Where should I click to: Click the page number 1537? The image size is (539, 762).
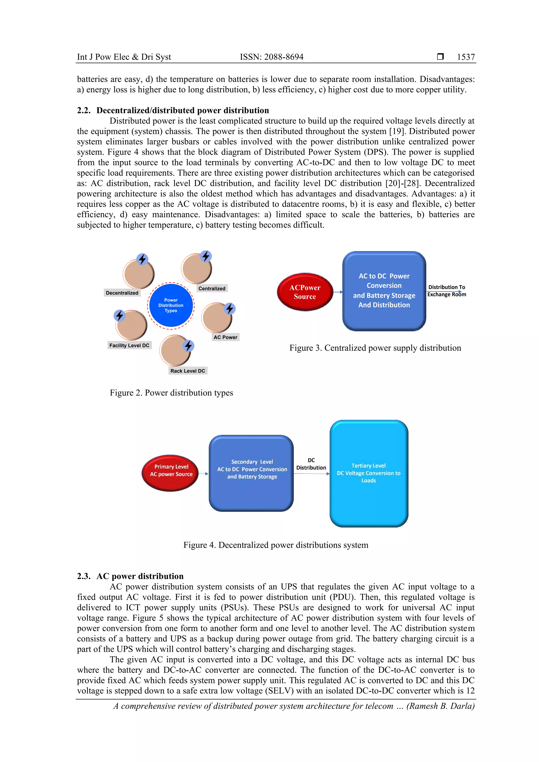click(466, 57)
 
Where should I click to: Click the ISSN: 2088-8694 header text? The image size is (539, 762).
click(271, 57)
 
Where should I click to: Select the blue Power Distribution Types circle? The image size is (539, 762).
click(171, 305)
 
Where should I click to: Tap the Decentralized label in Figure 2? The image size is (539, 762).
click(122, 293)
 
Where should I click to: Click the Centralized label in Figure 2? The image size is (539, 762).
click(212, 288)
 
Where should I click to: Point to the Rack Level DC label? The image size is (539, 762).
click(188, 371)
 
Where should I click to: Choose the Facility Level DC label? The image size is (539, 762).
click(129, 345)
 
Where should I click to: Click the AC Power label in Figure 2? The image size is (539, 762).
click(225, 337)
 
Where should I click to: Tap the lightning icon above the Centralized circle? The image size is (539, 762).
click(206, 256)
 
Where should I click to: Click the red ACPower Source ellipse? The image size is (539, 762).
click(305, 292)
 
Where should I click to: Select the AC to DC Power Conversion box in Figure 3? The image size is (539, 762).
click(384, 291)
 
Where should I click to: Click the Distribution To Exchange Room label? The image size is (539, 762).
click(446, 290)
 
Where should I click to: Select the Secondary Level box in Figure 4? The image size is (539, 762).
click(251, 473)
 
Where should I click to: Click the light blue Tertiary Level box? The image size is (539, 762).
click(369, 473)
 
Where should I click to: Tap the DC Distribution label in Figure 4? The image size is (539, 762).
click(311, 464)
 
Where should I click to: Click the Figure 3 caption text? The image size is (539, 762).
click(375, 348)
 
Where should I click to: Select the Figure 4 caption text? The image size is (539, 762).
click(276, 545)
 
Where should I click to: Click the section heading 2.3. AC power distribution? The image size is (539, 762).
click(130, 576)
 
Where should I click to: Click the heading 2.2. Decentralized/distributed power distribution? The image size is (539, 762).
click(173, 110)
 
